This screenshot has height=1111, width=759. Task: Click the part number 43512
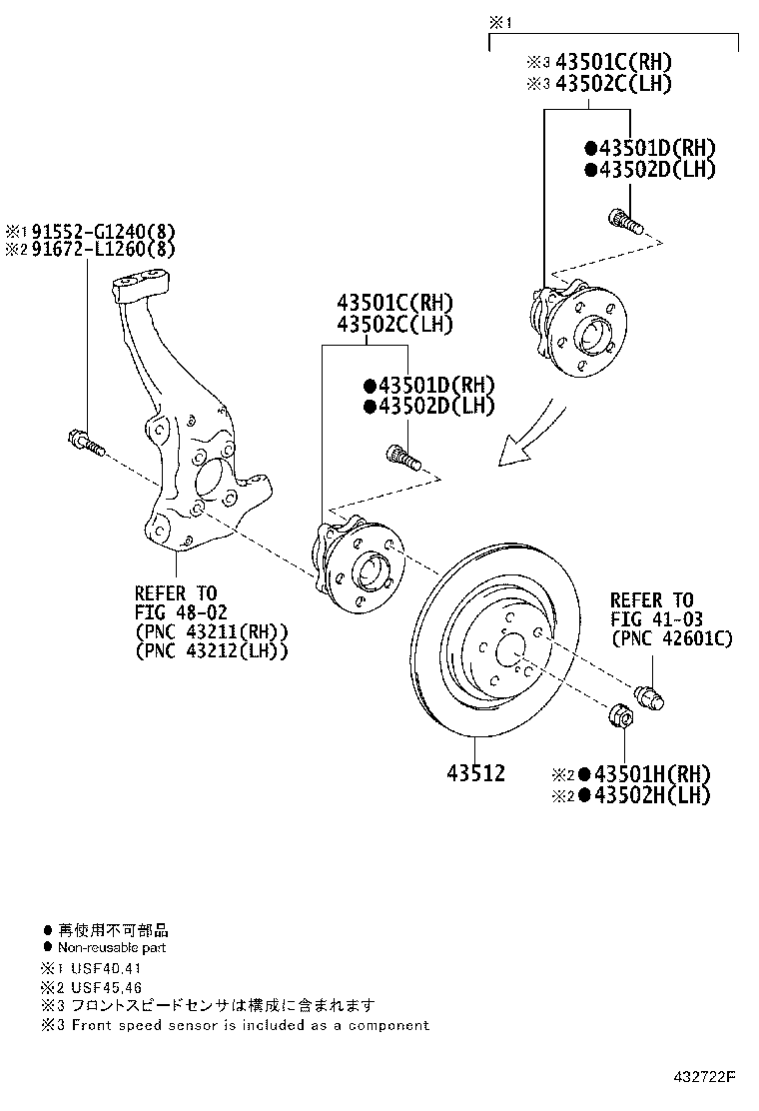point(475,773)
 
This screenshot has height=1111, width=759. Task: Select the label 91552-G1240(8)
point(100,231)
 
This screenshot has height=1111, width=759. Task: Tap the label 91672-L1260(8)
point(100,249)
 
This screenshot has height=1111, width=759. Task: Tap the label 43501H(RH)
point(651,774)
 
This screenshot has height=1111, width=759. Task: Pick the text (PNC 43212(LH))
point(212,650)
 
